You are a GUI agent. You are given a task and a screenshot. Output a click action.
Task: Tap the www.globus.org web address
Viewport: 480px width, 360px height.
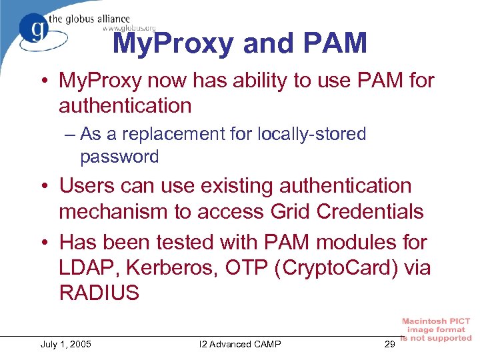[x=129, y=28]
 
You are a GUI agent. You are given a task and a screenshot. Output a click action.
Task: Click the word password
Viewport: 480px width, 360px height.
[x=119, y=157]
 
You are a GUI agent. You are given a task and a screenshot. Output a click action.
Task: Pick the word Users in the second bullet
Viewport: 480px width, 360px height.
[x=86, y=185]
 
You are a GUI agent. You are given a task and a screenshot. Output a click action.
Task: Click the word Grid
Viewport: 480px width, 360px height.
[x=293, y=211]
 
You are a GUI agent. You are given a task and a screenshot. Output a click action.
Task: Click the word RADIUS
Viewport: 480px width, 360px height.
[x=99, y=293]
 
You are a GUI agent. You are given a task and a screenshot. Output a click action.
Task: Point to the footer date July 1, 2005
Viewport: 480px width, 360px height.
[x=66, y=344]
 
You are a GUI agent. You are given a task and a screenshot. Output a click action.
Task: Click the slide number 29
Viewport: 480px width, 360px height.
[x=391, y=344]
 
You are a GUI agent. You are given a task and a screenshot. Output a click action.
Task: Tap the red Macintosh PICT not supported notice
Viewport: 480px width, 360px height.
[x=437, y=330]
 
